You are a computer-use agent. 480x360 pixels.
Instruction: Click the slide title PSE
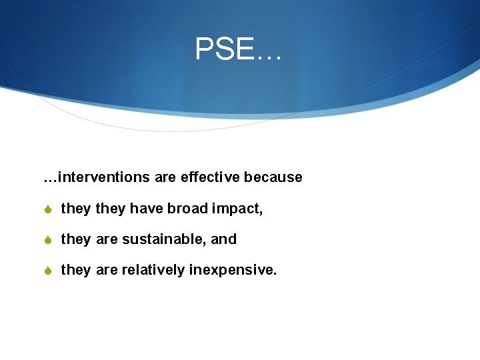(x=238, y=49)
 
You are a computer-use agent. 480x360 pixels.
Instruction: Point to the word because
(x=273, y=177)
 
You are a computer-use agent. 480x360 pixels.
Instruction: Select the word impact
(x=237, y=209)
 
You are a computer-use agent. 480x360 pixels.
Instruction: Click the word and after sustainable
(x=224, y=239)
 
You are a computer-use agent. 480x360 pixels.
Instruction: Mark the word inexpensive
(x=233, y=271)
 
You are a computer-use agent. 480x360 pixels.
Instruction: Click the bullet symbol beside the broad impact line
(x=48, y=209)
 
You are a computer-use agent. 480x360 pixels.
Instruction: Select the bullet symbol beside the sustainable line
(x=48, y=240)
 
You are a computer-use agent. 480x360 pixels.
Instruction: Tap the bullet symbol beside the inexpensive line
(x=48, y=271)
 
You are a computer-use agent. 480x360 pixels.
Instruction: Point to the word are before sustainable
(x=106, y=239)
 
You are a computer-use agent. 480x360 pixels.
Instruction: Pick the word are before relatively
(x=106, y=270)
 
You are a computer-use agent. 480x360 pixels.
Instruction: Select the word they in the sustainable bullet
(x=75, y=239)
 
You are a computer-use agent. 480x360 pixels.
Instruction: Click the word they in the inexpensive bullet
(x=75, y=270)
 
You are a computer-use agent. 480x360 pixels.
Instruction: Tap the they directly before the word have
(x=111, y=209)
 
